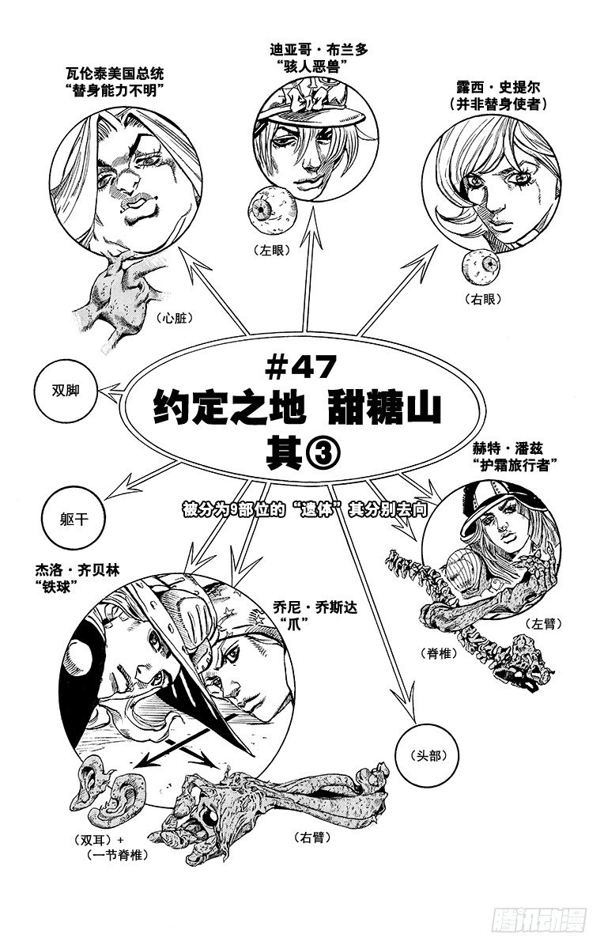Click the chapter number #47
click(300, 368)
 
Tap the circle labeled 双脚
click(66, 390)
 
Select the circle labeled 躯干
click(74, 520)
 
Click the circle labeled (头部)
click(428, 755)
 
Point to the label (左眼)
click(271, 251)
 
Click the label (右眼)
click(483, 299)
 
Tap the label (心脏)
click(174, 317)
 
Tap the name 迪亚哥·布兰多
click(319, 50)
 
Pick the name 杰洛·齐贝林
click(77, 570)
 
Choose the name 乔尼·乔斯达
click(315, 608)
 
